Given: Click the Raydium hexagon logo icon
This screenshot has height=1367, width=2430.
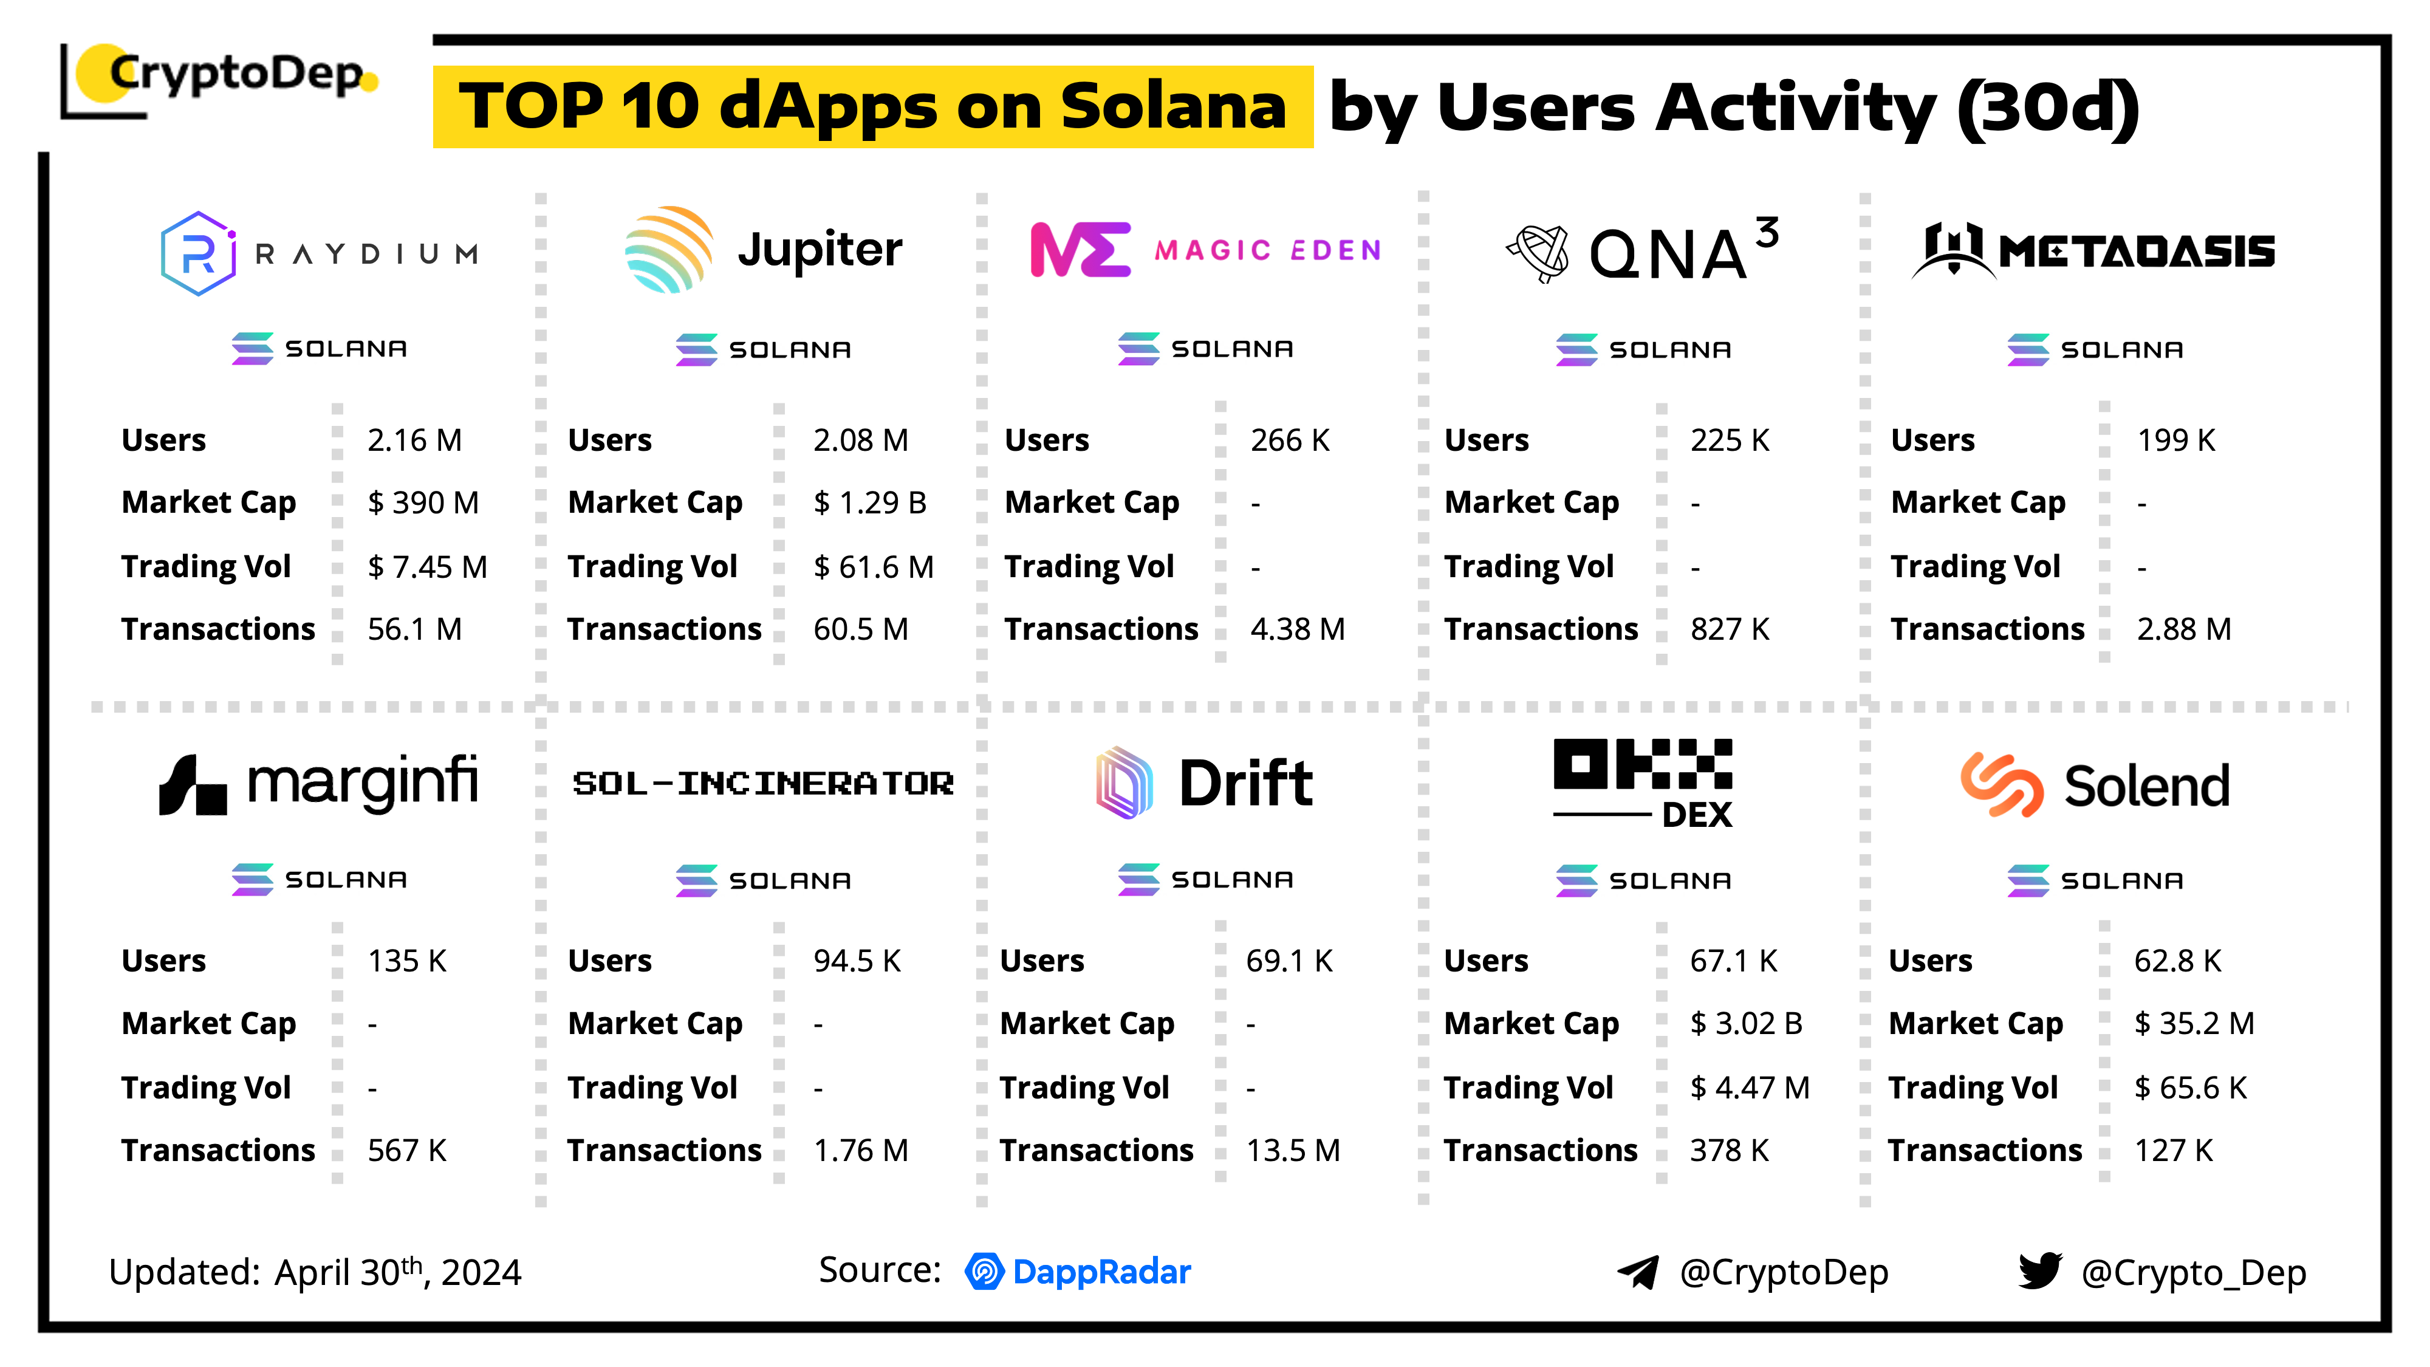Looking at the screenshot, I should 198,253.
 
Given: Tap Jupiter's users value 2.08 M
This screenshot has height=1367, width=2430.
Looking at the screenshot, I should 860,440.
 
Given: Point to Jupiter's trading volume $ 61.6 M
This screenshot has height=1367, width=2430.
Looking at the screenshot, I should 872,566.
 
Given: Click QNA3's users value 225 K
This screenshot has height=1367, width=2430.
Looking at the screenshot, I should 1729,440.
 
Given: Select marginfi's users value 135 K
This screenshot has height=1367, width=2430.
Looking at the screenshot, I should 406,961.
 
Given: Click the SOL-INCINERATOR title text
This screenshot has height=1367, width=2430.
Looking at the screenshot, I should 763,783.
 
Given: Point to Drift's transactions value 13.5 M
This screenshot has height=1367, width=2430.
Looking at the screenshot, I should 1292,1150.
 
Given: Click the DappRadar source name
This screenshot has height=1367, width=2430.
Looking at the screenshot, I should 1101,1272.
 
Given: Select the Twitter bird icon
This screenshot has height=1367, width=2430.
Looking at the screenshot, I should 2039,1271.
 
